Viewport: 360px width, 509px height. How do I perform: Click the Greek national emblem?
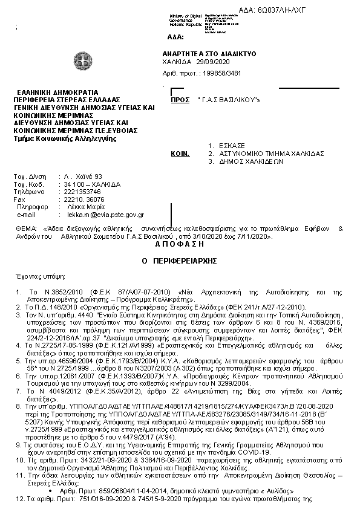coord(82,61)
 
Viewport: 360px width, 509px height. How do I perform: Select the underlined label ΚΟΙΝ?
coord(180,154)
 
